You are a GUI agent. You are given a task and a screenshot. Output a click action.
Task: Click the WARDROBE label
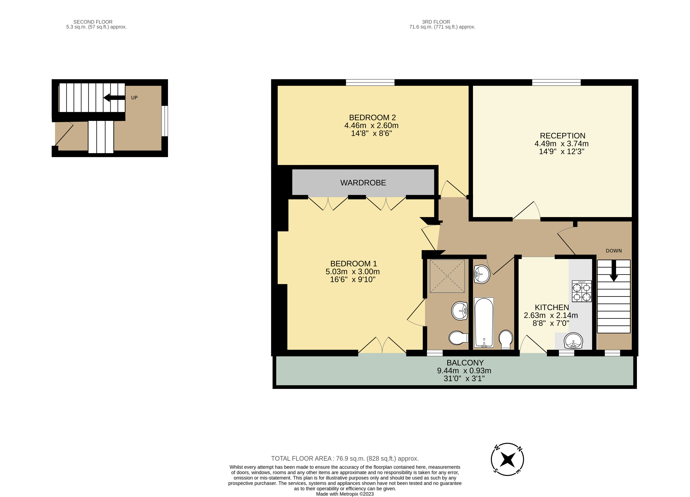363,183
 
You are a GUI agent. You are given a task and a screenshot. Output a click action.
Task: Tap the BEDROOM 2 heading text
372,117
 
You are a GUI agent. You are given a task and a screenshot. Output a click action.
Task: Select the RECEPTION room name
562,136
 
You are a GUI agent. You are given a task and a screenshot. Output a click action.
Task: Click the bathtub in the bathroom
484,322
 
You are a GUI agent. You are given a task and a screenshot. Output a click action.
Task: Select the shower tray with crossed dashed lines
447,276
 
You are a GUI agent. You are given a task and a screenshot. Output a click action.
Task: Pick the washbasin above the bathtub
482,274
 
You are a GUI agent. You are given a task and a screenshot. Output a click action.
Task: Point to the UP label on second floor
134,98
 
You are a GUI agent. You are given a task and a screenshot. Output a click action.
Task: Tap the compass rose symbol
507,459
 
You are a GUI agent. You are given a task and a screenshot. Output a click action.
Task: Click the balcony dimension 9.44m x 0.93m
464,371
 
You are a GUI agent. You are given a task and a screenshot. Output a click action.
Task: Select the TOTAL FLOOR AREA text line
345,458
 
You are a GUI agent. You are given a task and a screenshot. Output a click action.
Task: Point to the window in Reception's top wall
556,82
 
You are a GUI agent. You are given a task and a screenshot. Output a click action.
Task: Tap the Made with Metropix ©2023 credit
345,494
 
